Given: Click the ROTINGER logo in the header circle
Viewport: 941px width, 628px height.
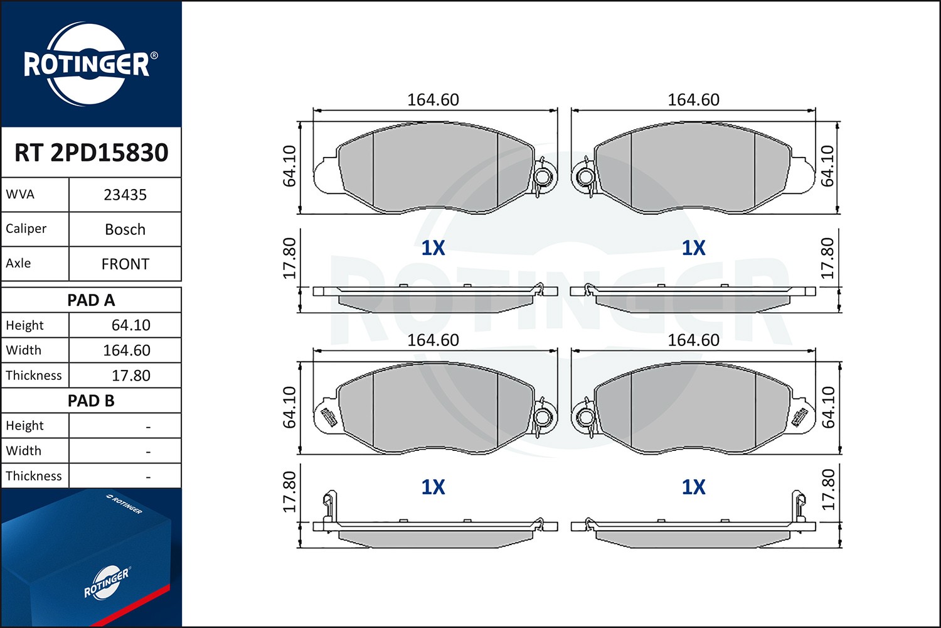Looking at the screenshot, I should (x=87, y=64).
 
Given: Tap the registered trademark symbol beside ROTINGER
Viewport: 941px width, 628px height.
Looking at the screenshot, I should (x=154, y=56).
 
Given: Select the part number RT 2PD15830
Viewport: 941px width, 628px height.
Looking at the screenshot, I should (x=91, y=153).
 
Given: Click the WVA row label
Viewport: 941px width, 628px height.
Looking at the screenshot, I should (x=20, y=195).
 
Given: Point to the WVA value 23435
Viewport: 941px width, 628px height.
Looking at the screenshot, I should (x=125, y=195).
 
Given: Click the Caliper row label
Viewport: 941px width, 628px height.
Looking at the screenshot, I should (x=26, y=229).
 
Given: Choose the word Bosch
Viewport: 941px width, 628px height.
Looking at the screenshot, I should (x=125, y=230).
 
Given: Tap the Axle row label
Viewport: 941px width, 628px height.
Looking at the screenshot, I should (x=18, y=263).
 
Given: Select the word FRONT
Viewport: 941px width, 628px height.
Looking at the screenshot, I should (x=125, y=264).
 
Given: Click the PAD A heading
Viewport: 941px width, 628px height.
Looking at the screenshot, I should (x=91, y=300).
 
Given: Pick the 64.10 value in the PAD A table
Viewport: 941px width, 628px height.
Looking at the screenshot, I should (x=130, y=325).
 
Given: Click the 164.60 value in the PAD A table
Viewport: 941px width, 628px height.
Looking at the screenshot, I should (x=126, y=350).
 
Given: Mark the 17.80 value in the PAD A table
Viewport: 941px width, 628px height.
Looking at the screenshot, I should (x=130, y=376).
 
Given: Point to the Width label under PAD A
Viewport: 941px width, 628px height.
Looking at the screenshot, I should (x=23, y=350).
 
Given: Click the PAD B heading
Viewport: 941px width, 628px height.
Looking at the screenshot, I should (x=91, y=401).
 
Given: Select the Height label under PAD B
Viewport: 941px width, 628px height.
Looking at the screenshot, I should (x=24, y=426).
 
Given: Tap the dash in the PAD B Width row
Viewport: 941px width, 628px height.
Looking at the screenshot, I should (x=148, y=452).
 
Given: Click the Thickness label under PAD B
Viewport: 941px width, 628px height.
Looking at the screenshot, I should (x=34, y=476).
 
